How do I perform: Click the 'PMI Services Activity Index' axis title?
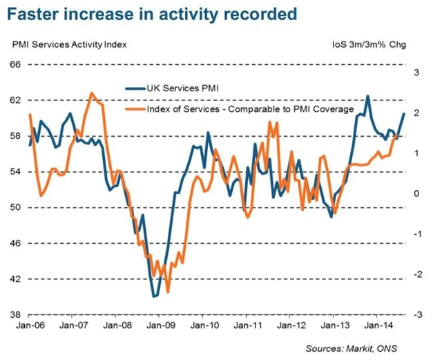point(70,46)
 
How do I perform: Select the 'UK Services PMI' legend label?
point(187,88)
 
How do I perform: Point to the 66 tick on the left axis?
point(15,64)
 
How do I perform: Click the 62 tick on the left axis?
point(15,100)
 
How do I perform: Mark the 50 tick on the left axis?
point(15,207)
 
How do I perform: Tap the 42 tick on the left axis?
point(15,279)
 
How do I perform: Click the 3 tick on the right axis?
point(416,72)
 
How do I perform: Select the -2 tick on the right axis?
point(415,274)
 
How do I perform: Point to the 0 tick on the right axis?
point(416,193)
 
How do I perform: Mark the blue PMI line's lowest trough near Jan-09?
point(155,296)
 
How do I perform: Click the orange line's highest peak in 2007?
point(92,93)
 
